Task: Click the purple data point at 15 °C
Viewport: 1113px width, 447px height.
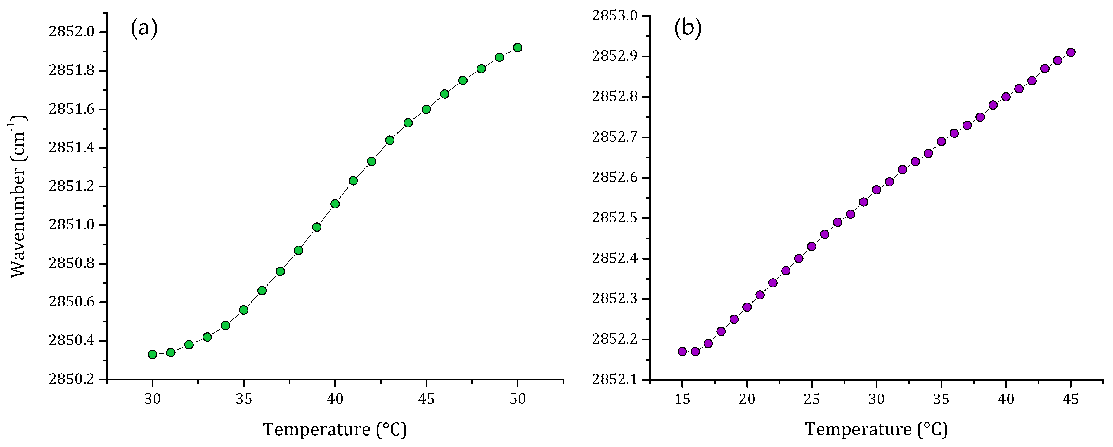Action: (682, 351)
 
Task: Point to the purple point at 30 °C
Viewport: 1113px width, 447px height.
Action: (877, 190)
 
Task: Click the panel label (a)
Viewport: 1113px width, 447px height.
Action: (144, 28)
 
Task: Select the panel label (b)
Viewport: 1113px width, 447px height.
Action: (688, 28)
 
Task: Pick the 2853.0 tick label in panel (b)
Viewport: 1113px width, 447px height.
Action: (614, 16)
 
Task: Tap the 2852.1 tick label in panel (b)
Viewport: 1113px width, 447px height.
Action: (614, 380)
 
